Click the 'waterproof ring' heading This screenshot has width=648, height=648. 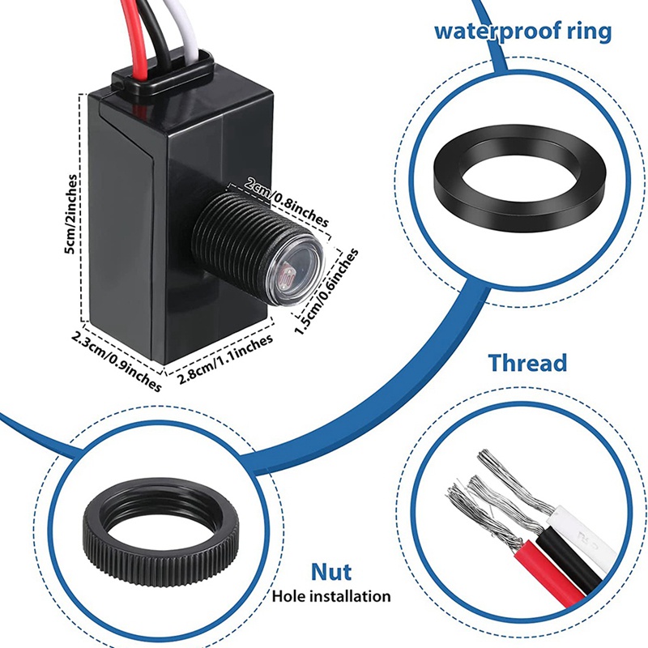pyautogui.click(x=522, y=31)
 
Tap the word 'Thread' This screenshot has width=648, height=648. pyautogui.click(x=528, y=362)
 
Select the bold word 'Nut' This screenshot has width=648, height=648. pyautogui.click(x=331, y=572)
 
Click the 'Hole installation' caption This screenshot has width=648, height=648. pyautogui.click(x=331, y=596)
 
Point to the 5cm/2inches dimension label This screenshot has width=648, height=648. pyautogui.click(x=71, y=215)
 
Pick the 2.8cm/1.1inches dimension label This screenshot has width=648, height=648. pyautogui.click(x=226, y=359)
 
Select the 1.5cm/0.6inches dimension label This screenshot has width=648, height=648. pyautogui.click(x=326, y=292)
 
